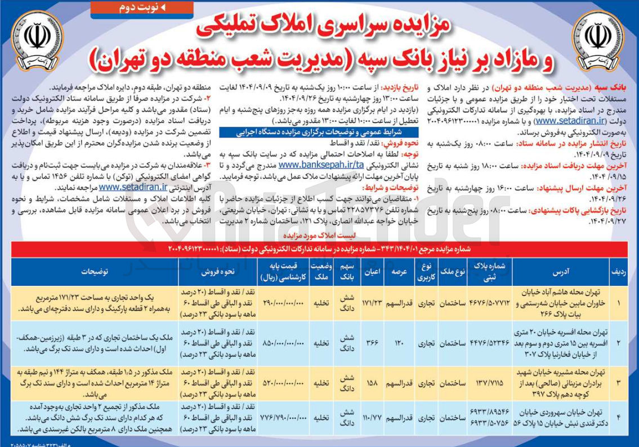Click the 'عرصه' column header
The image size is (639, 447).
(x=399, y=271)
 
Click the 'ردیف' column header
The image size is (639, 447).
(x=620, y=271)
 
